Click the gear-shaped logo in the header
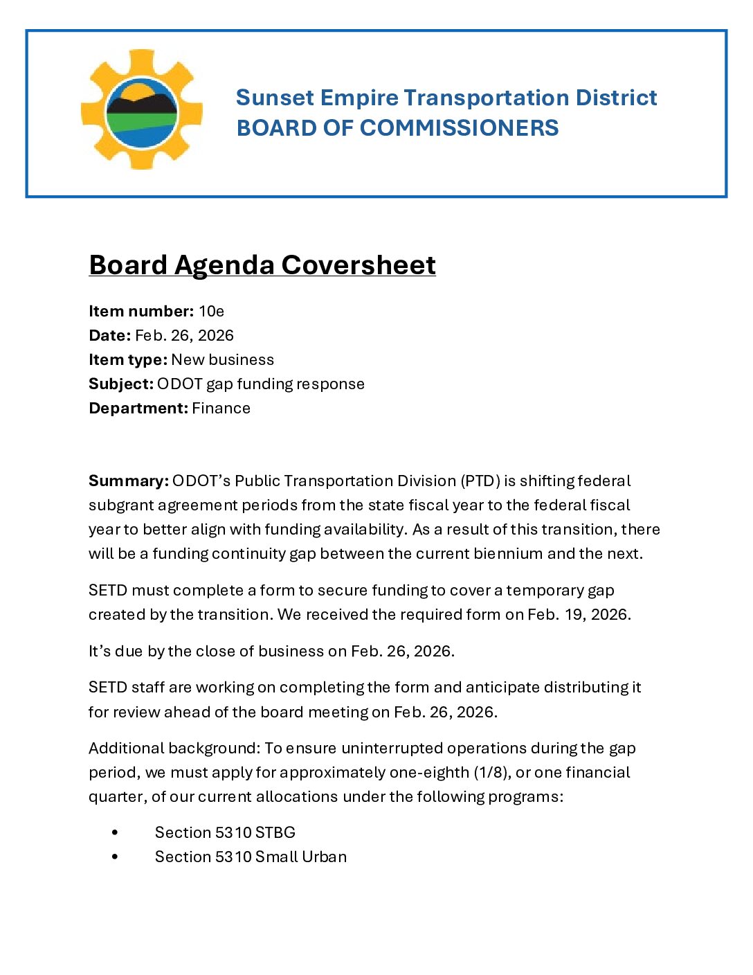tap(142, 109)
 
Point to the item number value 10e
tap(211, 312)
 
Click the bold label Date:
tap(109, 336)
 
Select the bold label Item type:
tap(127, 360)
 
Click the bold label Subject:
tap(120, 384)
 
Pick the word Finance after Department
tap(221, 409)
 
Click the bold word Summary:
tap(128, 481)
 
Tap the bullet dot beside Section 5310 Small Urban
tap(115, 857)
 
